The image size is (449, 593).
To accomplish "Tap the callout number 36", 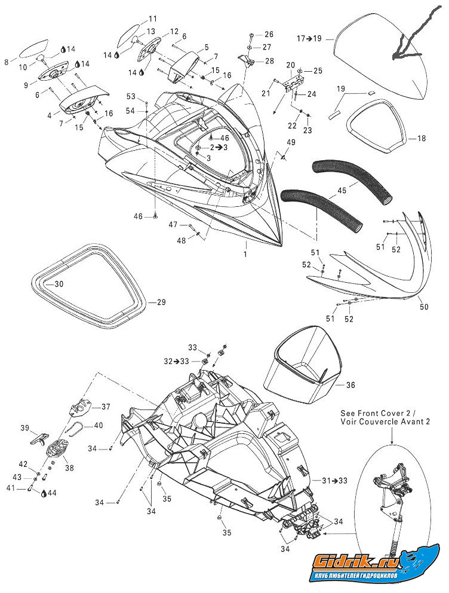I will [350, 386].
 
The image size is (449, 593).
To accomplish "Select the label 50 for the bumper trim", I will [425, 307].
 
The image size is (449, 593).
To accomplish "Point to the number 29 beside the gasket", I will [161, 302].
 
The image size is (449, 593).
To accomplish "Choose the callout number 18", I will [422, 139].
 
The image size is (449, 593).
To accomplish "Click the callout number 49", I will [291, 142].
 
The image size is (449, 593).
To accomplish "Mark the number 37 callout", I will [105, 406].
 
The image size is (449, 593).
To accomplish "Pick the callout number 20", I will [291, 65].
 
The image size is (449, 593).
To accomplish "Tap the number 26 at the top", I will [269, 34].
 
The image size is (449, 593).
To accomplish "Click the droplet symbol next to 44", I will [45, 494].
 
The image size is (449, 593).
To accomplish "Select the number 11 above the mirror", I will [153, 19].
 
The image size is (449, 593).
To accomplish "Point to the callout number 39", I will [25, 428].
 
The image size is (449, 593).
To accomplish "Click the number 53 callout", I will [131, 97].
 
